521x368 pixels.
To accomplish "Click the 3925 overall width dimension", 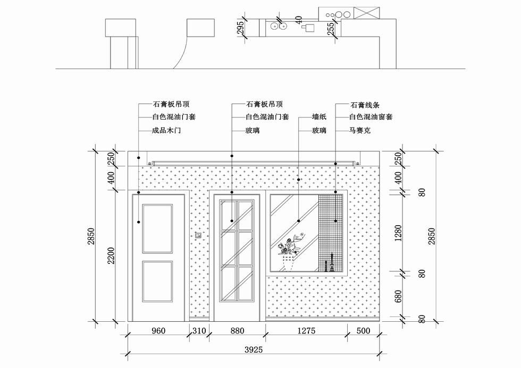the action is click(254, 350).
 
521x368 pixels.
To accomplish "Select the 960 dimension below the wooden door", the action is click(158, 331).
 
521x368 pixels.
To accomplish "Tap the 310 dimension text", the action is click(199, 331).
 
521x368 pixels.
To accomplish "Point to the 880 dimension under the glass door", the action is click(237, 331).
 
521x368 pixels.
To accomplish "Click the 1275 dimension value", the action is click(306, 331).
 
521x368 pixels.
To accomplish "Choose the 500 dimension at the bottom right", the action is click(363, 331).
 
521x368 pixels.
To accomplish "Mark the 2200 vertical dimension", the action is click(111, 255).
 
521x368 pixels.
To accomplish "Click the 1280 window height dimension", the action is click(398, 233).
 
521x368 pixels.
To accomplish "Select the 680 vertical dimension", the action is click(398, 296).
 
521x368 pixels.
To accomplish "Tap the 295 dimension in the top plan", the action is click(240, 28).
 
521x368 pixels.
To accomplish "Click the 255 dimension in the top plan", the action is click(331, 29).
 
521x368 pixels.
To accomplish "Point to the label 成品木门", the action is click(166, 131).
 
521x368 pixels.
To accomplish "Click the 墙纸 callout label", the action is click(320, 117).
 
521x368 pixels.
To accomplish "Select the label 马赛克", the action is click(360, 131).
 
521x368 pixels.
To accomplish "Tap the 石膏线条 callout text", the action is click(365, 105).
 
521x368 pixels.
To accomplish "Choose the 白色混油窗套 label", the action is click(371, 117).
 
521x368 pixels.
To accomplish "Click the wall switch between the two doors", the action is click(198, 235).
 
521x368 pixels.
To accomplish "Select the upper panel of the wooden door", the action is click(157, 229).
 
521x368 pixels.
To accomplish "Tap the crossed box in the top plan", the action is click(366, 13).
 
